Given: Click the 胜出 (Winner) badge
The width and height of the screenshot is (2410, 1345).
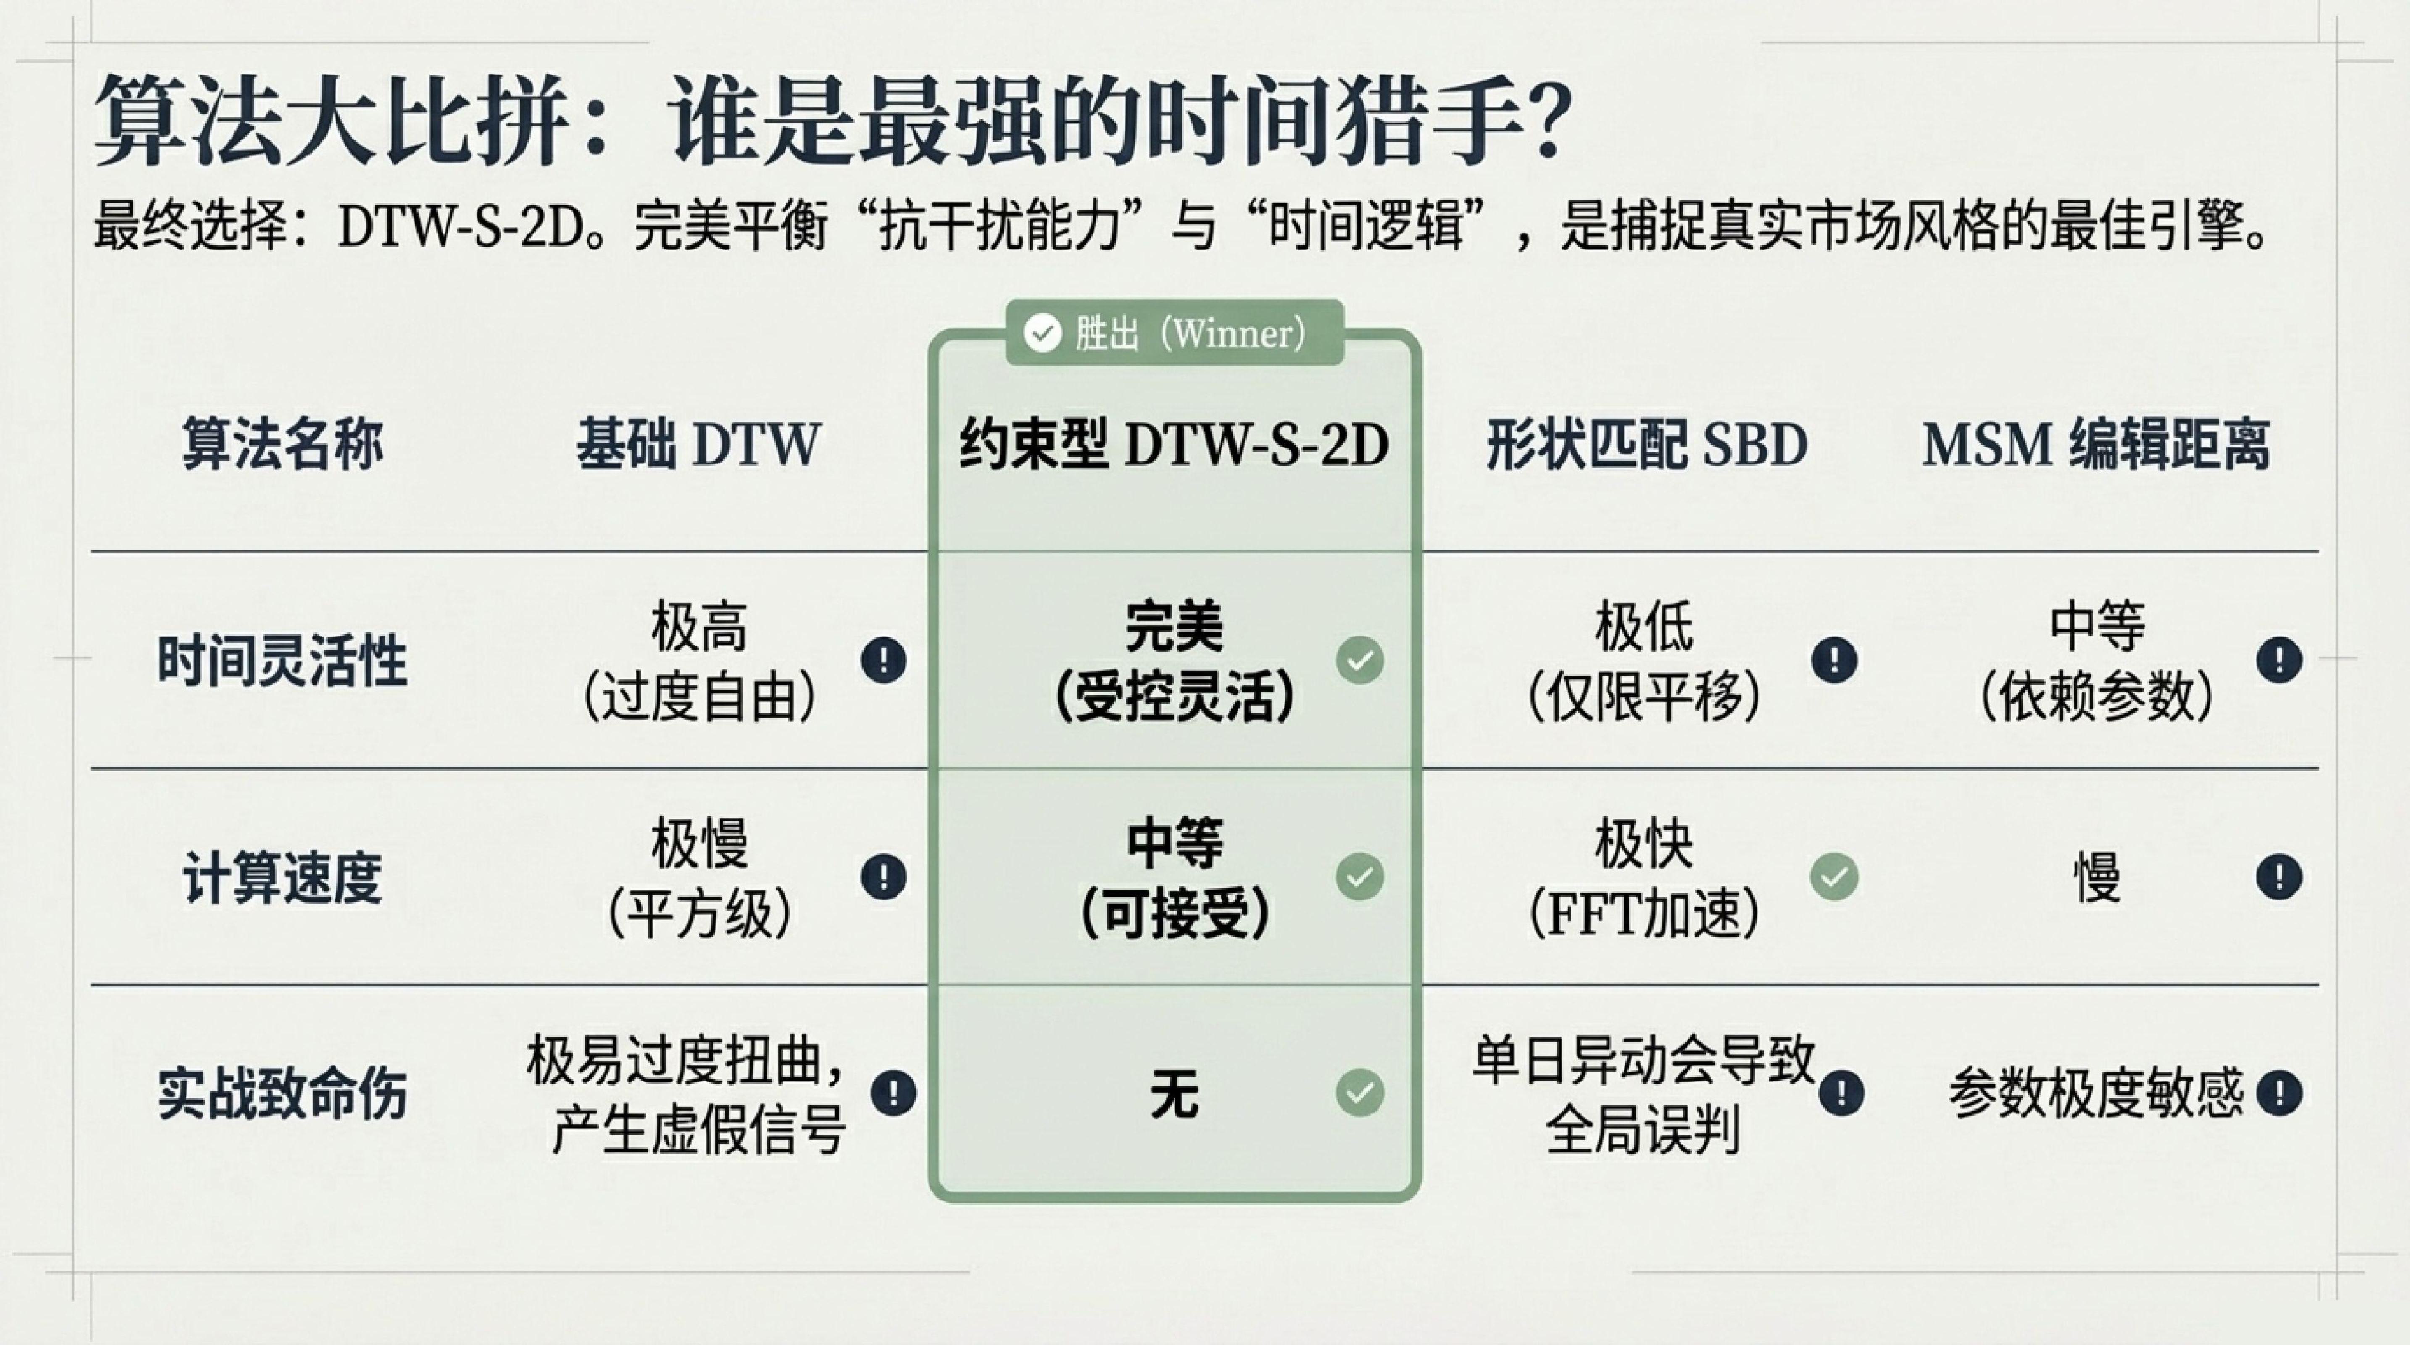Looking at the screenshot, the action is pos(1174,332).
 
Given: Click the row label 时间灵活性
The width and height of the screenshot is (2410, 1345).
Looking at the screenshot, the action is pos(282,661).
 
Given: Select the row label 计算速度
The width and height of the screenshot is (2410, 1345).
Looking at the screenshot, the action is pos(282,877).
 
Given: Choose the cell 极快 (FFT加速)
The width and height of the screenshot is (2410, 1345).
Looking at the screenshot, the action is pos(1644,877).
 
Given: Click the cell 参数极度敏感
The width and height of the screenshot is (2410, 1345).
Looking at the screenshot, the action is pos(2096,1092).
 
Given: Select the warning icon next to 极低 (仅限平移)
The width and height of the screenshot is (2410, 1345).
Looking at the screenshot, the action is pos(1834,661).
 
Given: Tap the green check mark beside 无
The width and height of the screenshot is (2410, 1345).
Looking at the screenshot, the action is pos(1359,1092).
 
